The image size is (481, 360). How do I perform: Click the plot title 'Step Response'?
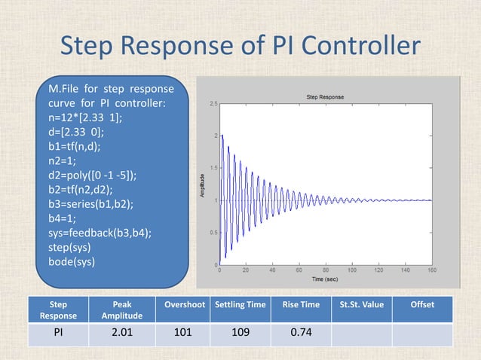326,97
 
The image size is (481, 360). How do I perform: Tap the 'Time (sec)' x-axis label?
326,279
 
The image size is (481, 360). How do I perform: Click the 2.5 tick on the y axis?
214,104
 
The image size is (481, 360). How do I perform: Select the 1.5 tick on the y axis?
214,168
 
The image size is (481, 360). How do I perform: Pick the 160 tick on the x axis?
432,270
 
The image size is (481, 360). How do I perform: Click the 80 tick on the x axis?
326,270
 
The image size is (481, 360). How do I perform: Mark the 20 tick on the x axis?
247,270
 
